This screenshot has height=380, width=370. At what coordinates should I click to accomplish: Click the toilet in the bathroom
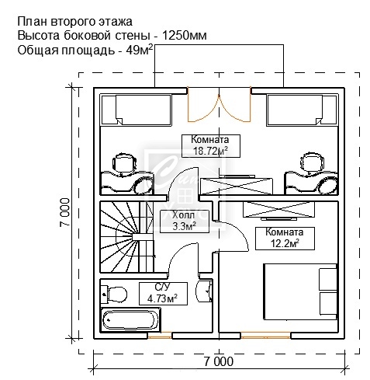coord(114,295)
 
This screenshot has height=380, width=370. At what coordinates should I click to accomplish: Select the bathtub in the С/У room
coord(130,320)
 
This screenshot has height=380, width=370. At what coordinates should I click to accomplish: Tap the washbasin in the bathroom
coord(204,291)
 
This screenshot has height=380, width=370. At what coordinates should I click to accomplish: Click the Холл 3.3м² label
coord(185,221)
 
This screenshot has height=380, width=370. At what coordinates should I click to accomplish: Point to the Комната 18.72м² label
coord(211,146)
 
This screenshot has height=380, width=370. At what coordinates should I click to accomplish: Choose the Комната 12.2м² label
coord(285,239)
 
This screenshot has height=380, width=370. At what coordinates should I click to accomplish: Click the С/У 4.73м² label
coord(163,294)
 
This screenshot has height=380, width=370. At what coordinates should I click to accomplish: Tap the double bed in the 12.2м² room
coord(300,292)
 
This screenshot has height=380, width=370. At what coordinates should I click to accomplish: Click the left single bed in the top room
coord(137,110)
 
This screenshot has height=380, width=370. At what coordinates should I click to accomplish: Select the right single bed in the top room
coord(303,110)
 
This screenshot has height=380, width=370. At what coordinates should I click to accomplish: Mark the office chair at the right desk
coord(313,164)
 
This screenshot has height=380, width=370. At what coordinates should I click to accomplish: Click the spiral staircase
coord(127,237)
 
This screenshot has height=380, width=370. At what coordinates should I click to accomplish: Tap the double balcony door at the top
coord(219,105)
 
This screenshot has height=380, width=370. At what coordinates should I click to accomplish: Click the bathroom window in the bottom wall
coord(160,336)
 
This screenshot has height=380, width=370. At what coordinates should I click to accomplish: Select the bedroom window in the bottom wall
coord(265,336)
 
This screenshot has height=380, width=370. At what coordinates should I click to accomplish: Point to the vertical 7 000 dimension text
coord(64,212)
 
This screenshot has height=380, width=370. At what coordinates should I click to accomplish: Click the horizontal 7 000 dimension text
coord(219,361)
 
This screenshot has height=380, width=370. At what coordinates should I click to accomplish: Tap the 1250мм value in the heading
coord(185,36)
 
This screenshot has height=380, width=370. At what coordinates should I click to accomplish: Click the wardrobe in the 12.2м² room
coord(278,210)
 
